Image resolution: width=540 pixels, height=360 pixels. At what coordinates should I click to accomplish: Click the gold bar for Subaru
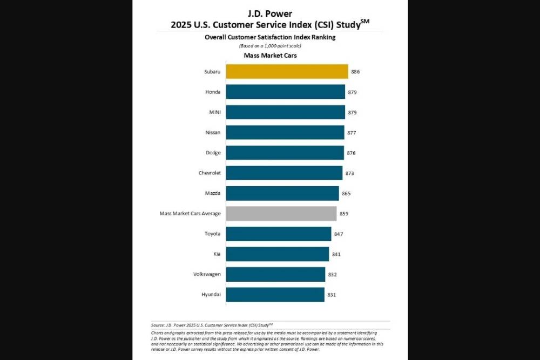tap(287, 72)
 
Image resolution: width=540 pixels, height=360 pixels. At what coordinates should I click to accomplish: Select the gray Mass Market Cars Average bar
tap(281, 214)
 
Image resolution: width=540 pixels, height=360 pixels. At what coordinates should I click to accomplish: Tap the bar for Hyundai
tap(275, 295)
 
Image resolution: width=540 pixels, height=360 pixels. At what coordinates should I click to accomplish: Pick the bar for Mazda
tap(282, 193)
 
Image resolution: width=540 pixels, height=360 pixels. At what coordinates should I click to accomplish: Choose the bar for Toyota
tap(278, 234)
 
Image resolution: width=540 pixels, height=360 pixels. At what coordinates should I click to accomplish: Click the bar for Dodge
tap(285, 153)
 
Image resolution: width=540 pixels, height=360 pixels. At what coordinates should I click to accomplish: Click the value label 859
tap(344, 214)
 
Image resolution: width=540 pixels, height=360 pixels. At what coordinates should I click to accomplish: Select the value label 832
tap(333, 274)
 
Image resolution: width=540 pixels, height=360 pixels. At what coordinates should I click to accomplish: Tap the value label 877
tap(351, 133)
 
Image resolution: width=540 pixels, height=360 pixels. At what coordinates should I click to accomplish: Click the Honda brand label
tap(213, 92)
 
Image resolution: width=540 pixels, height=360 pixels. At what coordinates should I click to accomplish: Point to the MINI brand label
tap(214, 112)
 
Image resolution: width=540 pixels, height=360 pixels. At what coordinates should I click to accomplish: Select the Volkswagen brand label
tap(207, 274)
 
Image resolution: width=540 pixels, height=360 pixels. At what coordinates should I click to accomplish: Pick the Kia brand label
tap(216, 254)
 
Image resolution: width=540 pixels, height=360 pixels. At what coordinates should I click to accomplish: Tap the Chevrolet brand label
tap(210, 173)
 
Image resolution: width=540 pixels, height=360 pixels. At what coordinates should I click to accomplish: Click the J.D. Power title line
tap(270, 13)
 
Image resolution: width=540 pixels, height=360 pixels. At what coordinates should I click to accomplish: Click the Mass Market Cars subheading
tap(269, 56)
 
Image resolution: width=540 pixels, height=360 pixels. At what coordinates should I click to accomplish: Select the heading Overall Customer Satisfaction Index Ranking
tap(270, 37)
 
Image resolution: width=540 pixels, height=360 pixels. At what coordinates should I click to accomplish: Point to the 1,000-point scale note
tap(270, 46)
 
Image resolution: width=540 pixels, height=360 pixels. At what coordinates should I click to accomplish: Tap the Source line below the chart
tap(212, 325)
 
